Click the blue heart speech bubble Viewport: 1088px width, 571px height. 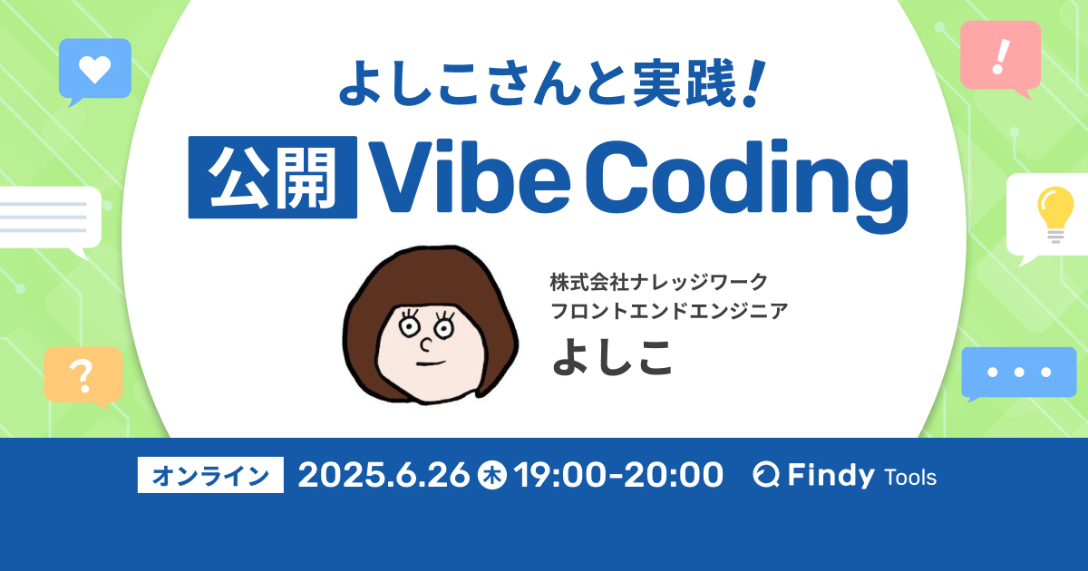pos(94,68)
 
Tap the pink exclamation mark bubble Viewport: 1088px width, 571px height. pos(1000,55)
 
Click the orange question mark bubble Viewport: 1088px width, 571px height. pos(83,373)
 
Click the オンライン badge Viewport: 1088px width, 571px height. pos(210,475)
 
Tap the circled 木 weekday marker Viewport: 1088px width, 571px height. pos(491,475)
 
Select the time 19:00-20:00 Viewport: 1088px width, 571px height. pos(618,475)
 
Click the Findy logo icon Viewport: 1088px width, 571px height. pos(767,476)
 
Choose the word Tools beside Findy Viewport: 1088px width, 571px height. pos(909,477)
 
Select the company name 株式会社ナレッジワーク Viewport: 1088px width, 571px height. pos(659,281)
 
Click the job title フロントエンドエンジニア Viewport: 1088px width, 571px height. pos(669,311)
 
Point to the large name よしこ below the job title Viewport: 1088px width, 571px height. pos(614,357)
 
